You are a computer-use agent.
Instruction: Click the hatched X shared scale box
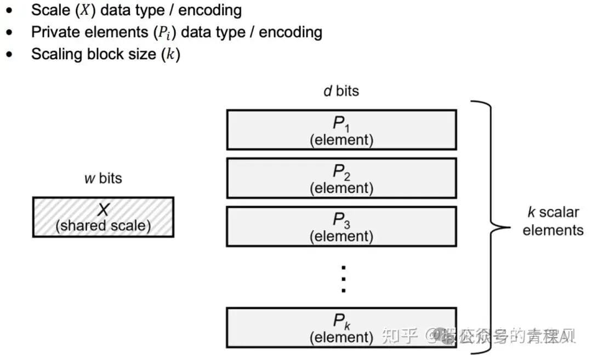(x=103, y=217)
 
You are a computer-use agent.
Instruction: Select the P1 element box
(x=341, y=129)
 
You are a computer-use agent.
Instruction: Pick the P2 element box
(x=341, y=178)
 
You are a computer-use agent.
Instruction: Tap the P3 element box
(x=341, y=226)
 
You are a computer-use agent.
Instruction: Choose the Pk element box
(x=341, y=327)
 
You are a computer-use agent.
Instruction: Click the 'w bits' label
(x=103, y=178)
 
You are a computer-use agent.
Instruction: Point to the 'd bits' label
(x=341, y=91)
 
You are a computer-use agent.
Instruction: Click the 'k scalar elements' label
(x=553, y=221)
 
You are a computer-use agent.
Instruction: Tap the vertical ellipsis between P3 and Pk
(x=343, y=279)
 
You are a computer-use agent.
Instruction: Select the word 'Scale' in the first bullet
(x=50, y=10)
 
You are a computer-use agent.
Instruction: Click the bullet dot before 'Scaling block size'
(x=9, y=55)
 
